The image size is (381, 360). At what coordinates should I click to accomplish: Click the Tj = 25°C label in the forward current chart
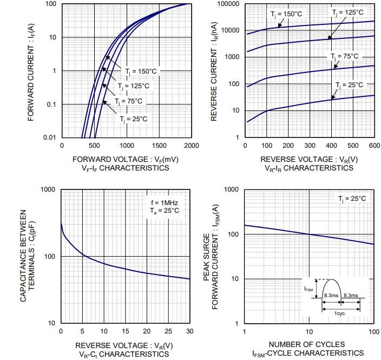coord(133,119)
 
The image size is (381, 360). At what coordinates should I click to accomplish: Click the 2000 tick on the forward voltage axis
coord(192,146)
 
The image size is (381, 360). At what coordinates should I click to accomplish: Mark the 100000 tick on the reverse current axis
coord(228,4)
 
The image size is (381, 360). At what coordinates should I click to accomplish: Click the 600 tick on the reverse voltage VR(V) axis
coord(374,146)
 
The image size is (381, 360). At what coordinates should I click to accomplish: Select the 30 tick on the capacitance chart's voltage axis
coord(189,331)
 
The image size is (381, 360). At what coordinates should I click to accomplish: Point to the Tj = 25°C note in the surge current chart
coord(352,199)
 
